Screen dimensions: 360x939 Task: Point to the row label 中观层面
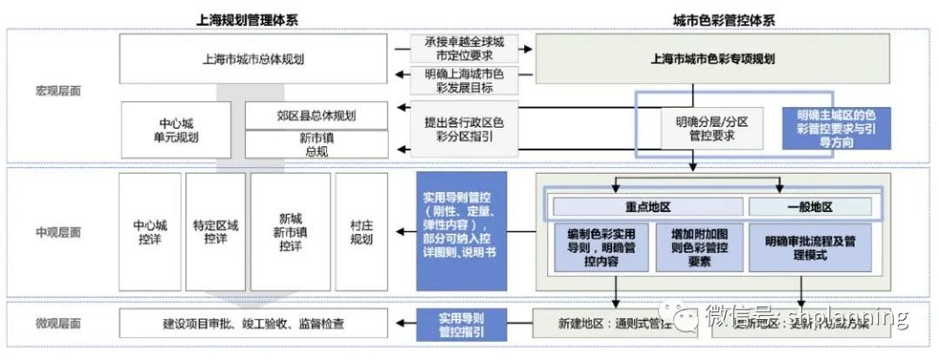click(58, 232)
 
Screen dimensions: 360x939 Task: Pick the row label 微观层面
click(58, 323)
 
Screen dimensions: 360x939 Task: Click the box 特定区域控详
click(216, 232)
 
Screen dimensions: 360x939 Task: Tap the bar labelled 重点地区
click(648, 207)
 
